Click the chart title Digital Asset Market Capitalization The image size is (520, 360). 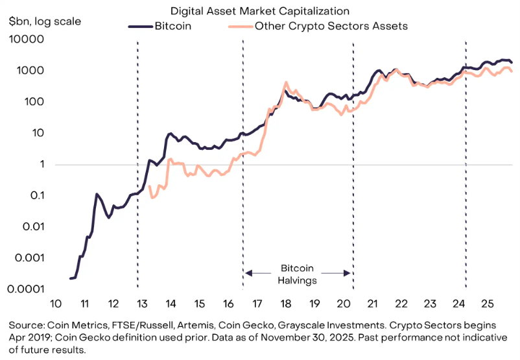tap(259, 11)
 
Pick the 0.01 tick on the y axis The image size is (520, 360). tap(32, 227)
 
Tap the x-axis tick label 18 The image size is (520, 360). tap(285, 304)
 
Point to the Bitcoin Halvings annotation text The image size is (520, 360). tap(298, 274)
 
